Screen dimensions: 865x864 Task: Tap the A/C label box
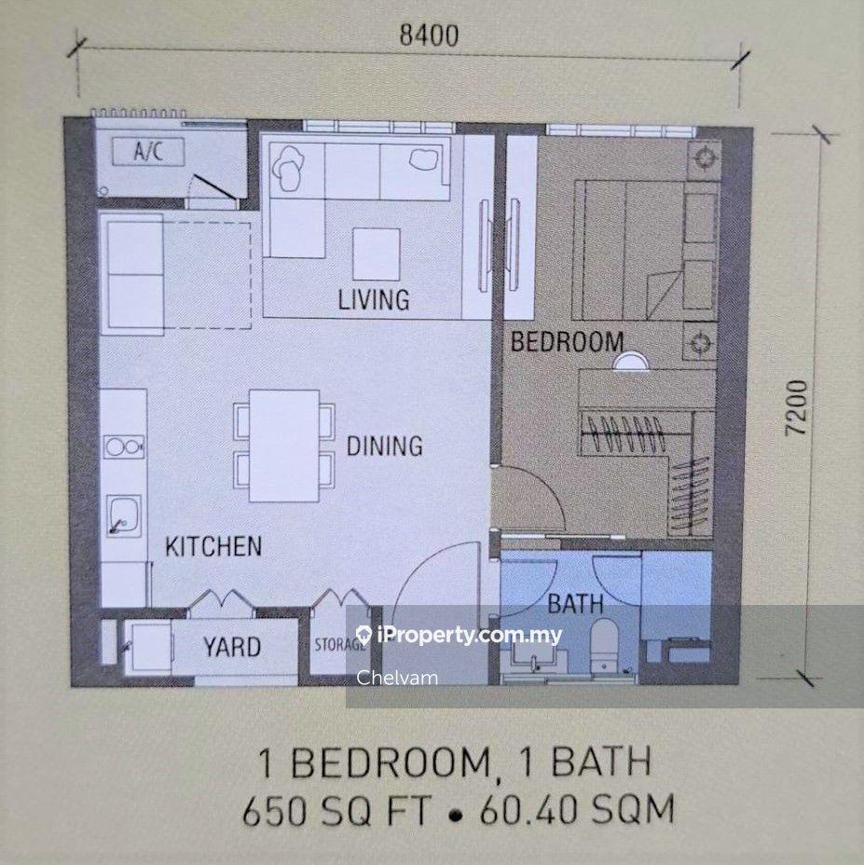pyautogui.click(x=147, y=151)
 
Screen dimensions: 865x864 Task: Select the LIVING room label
pyautogui.click(x=373, y=300)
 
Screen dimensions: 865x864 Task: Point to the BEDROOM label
pyautogui.click(x=567, y=342)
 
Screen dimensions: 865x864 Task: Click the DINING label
pyautogui.click(x=384, y=446)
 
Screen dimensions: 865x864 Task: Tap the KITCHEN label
pyautogui.click(x=213, y=546)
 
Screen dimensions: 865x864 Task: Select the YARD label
pyautogui.click(x=232, y=646)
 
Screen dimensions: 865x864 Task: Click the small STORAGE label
pyautogui.click(x=339, y=645)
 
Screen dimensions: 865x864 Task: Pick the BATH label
pyautogui.click(x=575, y=604)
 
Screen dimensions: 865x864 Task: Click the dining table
pyautogui.click(x=284, y=446)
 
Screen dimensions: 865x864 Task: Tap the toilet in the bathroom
pyautogui.click(x=605, y=643)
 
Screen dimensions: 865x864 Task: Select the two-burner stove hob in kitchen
pyautogui.click(x=123, y=446)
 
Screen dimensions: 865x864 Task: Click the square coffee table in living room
pyautogui.click(x=376, y=254)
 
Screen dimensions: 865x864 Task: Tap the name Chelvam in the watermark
pyautogui.click(x=396, y=678)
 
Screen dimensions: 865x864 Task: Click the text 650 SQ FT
pyautogui.click(x=337, y=810)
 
